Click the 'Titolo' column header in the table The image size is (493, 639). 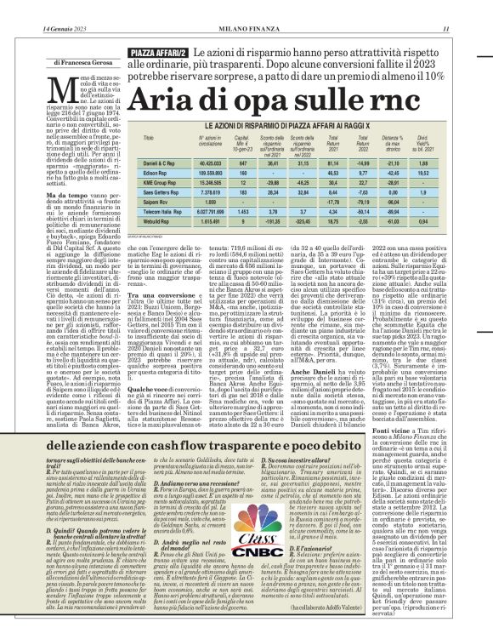click(x=149, y=137)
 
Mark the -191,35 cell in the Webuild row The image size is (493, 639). click(x=272, y=220)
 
